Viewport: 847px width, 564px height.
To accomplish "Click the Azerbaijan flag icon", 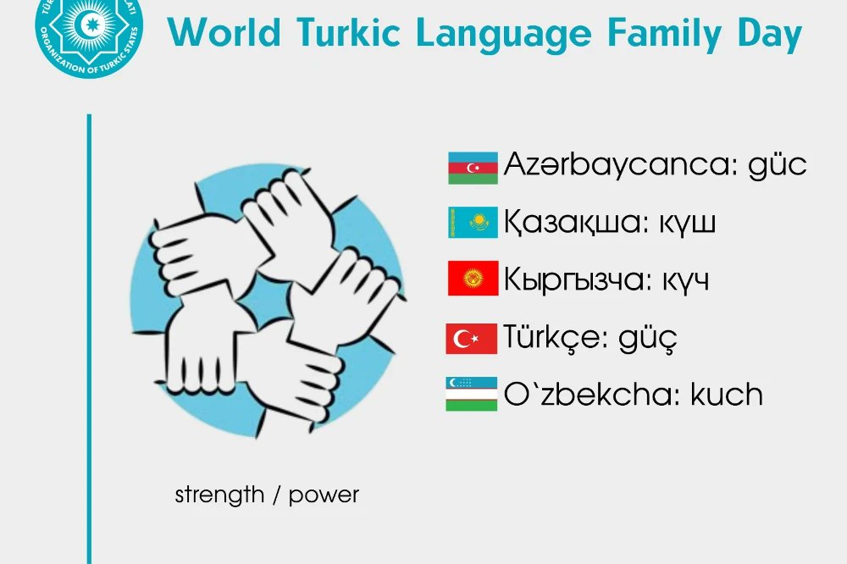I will click(x=472, y=168).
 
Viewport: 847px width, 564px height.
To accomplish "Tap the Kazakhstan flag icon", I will click(x=472, y=223).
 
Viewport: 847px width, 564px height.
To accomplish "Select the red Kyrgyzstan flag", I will click(x=472, y=279).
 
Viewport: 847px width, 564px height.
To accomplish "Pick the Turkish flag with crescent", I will click(x=471, y=339).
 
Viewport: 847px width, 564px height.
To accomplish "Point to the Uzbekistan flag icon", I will click(x=471, y=395).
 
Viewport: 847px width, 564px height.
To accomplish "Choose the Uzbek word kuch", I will click(x=727, y=394).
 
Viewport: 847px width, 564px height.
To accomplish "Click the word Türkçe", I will click(x=553, y=337).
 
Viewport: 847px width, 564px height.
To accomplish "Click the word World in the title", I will click(x=224, y=34).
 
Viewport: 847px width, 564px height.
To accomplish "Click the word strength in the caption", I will click(x=219, y=495).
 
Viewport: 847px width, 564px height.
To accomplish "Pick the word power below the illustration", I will click(x=324, y=495).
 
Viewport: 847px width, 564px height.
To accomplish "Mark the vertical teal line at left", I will click(x=89, y=339).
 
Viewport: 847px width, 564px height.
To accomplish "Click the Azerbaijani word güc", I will click(x=777, y=165).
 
